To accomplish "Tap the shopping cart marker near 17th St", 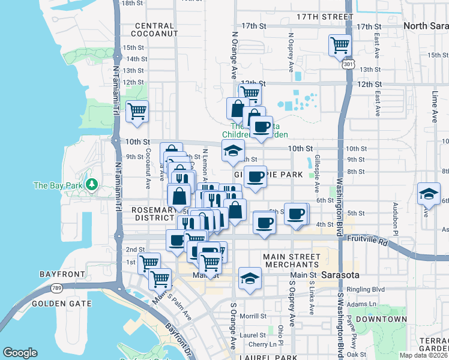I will click(x=340, y=44).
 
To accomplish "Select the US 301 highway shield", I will click(x=348, y=63).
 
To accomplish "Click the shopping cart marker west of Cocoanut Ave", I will click(x=137, y=111).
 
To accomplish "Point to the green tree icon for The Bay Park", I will click(x=92, y=184).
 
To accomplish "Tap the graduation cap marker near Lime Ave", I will click(x=429, y=194).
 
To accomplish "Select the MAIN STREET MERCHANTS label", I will click(x=292, y=261).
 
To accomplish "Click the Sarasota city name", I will click(x=340, y=275).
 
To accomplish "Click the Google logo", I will click(x=20, y=353).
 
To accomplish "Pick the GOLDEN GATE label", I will click(x=61, y=304).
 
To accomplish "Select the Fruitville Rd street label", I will click(x=367, y=238).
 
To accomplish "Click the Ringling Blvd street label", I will click(x=361, y=289).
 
